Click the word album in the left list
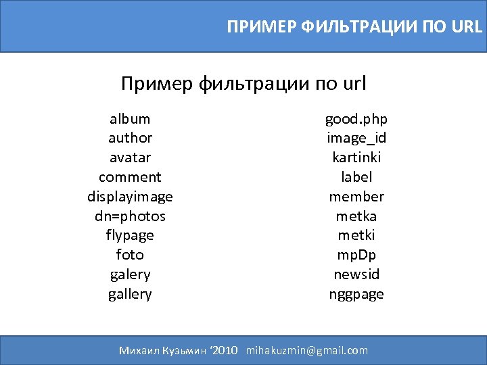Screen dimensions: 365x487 (x=130, y=119)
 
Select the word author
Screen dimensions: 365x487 (x=130, y=138)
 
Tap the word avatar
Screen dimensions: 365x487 (x=130, y=157)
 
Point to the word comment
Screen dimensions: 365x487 (x=130, y=177)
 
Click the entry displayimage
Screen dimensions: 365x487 (x=130, y=197)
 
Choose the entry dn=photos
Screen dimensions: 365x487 (x=130, y=216)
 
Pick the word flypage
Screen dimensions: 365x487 (x=130, y=235)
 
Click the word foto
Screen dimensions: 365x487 (x=130, y=255)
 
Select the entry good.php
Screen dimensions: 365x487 (x=356, y=119)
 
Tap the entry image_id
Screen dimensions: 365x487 (x=356, y=138)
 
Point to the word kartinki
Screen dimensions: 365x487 (x=356, y=157)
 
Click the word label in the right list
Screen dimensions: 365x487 (x=356, y=177)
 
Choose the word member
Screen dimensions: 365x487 (x=356, y=197)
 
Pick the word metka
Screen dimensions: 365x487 (x=356, y=216)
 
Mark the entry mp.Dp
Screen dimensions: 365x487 (x=356, y=255)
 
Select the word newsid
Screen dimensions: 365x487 (x=356, y=274)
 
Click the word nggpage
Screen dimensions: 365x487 (x=356, y=294)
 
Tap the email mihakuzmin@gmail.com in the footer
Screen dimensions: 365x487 (x=307, y=350)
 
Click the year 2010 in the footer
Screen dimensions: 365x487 (x=225, y=350)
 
